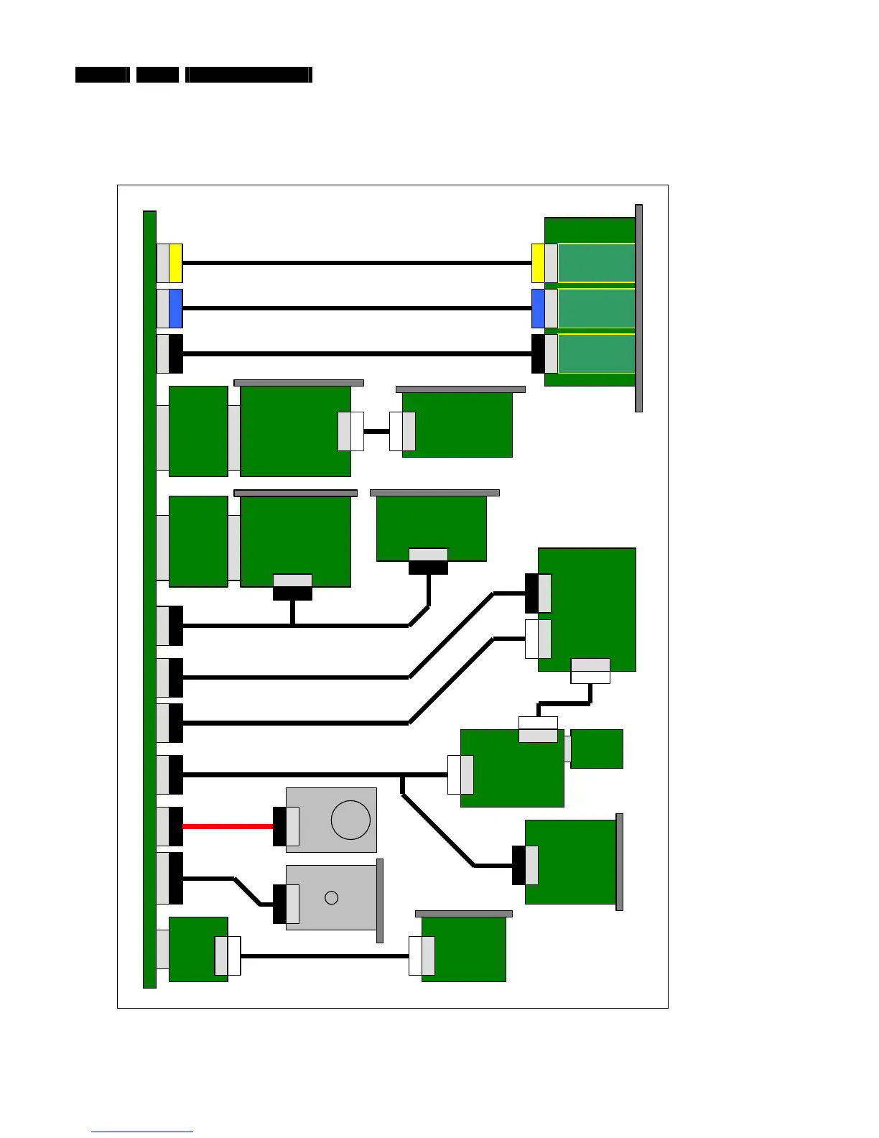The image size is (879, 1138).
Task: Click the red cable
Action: (x=228, y=826)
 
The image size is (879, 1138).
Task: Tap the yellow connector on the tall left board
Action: (x=176, y=263)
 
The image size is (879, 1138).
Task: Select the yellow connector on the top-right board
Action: (x=538, y=263)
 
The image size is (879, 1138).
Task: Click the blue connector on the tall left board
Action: (x=176, y=308)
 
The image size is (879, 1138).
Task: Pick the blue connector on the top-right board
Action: (x=538, y=308)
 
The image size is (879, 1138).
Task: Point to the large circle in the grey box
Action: (x=350, y=820)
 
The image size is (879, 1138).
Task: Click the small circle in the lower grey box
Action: (x=331, y=897)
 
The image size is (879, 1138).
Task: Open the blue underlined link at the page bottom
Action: (x=142, y=1132)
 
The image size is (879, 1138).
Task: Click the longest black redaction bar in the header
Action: (x=248, y=75)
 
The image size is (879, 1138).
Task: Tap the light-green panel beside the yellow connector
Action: (x=596, y=263)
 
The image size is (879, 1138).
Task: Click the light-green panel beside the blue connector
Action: (x=596, y=308)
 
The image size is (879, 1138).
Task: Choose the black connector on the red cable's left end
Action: (x=176, y=826)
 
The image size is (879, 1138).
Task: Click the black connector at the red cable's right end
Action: (x=279, y=826)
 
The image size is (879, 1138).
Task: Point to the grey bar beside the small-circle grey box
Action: (x=380, y=900)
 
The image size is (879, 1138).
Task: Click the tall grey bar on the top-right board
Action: (x=639, y=308)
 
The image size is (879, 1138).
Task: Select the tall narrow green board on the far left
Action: (x=149, y=599)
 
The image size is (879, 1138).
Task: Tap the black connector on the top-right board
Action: (x=538, y=353)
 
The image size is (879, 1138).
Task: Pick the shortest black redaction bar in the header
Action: (x=157, y=75)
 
